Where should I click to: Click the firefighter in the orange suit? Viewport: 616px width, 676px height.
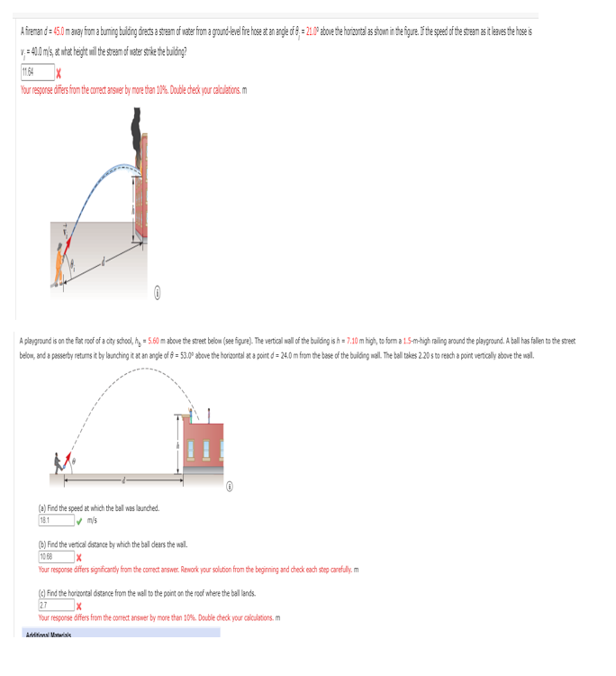pyautogui.click(x=59, y=264)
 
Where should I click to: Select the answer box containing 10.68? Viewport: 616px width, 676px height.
pyautogui.click(x=55, y=556)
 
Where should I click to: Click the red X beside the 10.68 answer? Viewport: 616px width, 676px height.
pyautogui.click(x=80, y=557)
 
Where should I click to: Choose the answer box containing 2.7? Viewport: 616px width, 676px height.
pyautogui.click(x=55, y=605)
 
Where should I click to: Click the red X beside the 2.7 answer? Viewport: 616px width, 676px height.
pyautogui.click(x=80, y=606)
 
